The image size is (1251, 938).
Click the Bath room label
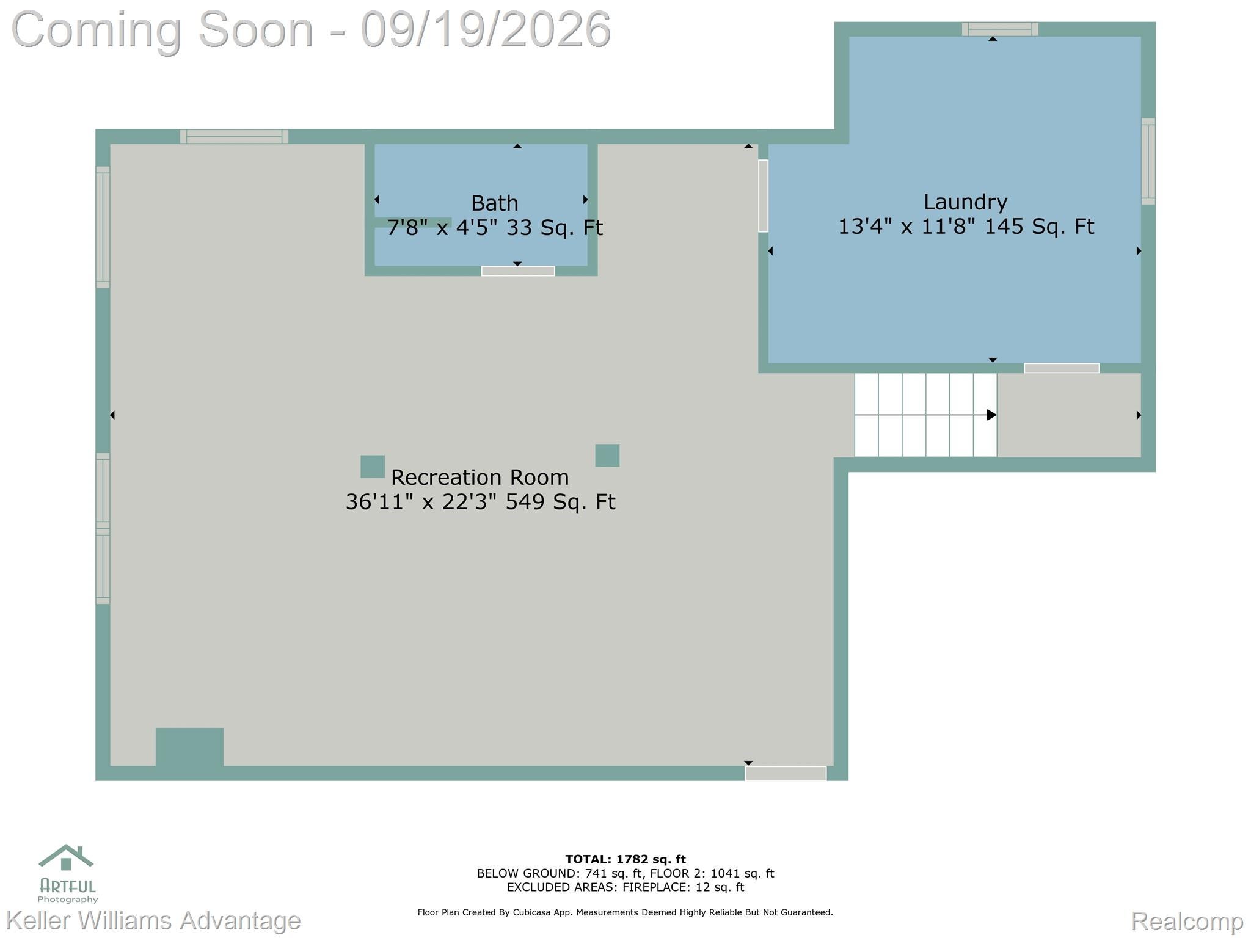point(494,203)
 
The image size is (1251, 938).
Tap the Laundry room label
point(965,202)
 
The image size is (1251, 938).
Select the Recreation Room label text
point(480,477)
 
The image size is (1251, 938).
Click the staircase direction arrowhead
point(992,415)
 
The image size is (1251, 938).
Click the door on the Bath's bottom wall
point(518,271)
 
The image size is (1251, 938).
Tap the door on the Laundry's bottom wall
point(1062,368)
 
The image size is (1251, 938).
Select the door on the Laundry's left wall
point(763,196)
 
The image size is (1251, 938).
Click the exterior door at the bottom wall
point(786,773)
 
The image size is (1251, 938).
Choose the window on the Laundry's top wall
point(1000,29)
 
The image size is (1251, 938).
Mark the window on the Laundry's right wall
point(1148,161)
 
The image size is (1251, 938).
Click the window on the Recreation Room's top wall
point(234,137)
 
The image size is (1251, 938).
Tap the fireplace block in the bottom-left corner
point(189,747)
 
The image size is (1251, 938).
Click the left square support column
point(373,467)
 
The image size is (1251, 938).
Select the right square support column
point(607,456)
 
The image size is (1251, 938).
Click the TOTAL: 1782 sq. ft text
point(625,860)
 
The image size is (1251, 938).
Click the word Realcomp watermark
point(1187,920)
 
